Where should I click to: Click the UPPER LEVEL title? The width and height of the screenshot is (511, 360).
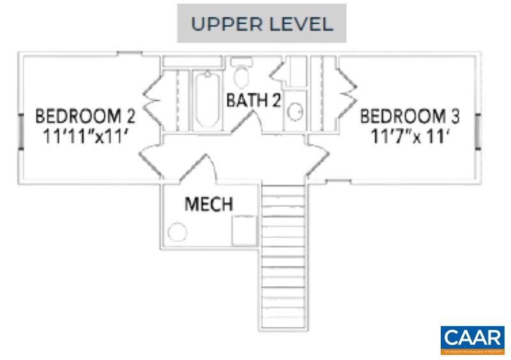click(x=262, y=24)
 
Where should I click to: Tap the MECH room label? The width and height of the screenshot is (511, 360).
click(x=209, y=205)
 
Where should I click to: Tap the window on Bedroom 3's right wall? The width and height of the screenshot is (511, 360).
click(x=477, y=130)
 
